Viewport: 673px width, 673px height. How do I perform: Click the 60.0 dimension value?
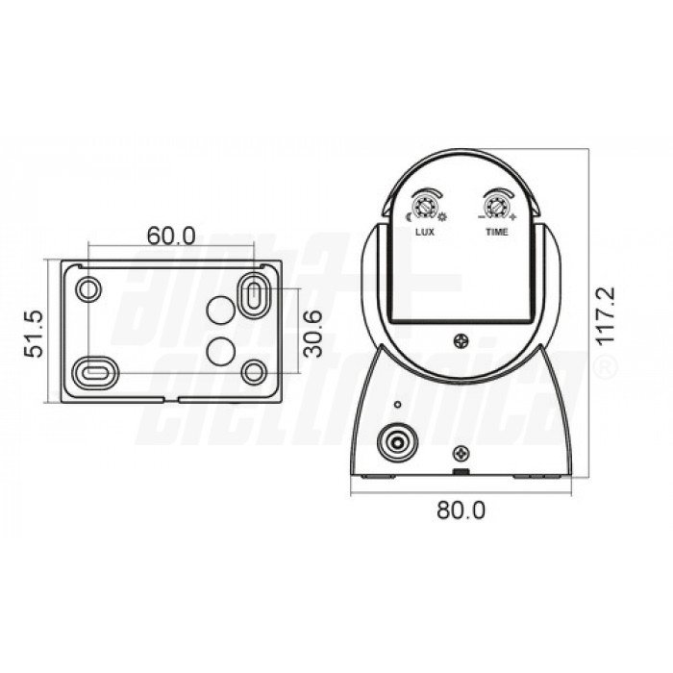point(171,235)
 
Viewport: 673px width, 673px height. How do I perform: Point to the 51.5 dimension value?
point(36,333)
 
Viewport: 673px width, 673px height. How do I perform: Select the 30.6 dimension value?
point(312,334)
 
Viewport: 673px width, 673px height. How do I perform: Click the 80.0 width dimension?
point(461,511)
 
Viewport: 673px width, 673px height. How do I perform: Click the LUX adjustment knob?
point(423,206)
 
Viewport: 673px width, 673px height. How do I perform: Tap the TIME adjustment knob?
point(496,206)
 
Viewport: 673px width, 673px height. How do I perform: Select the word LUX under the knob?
point(424,233)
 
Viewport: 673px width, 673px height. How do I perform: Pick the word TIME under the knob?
point(497,233)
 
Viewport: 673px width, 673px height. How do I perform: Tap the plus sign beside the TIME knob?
point(514,218)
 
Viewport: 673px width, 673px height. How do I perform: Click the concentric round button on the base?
point(395,443)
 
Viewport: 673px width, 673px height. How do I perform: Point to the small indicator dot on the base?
point(395,405)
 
